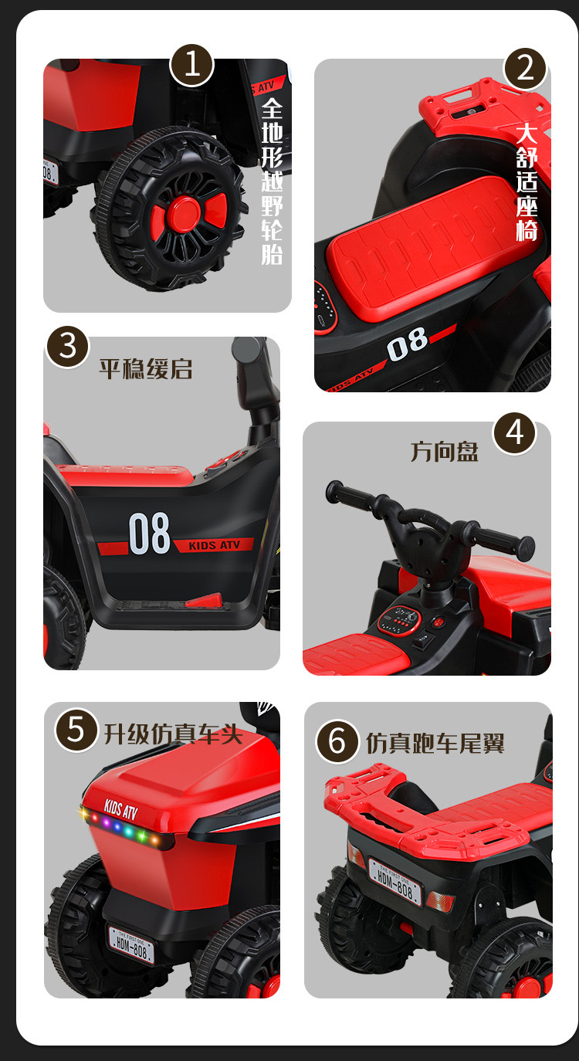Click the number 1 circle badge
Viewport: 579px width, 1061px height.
(x=191, y=66)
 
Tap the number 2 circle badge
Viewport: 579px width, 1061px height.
(x=525, y=69)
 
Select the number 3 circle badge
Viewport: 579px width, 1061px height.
(x=67, y=347)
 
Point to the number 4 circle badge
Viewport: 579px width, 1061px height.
(x=515, y=433)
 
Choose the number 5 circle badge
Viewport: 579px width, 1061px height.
(x=76, y=730)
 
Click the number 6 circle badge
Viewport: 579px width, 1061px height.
(x=337, y=741)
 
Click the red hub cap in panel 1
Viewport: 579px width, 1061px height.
(x=185, y=214)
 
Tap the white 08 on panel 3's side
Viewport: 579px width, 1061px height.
(x=149, y=534)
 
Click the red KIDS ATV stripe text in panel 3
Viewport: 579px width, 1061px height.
(x=215, y=545)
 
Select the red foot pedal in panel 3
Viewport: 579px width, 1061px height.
(x=205, y=601)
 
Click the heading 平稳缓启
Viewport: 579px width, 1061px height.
(x=146, y=368)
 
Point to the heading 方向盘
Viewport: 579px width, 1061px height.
(x=444, y=452)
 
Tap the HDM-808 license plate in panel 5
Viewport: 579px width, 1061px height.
(x=131, y=946)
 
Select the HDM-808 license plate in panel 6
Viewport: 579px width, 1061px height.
(x=395, y=882)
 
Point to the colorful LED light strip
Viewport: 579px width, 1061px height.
(x=126, y=829)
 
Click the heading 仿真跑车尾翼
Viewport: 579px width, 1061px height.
(x=435, y=743)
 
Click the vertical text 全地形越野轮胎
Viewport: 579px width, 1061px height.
(x=273, y=181)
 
